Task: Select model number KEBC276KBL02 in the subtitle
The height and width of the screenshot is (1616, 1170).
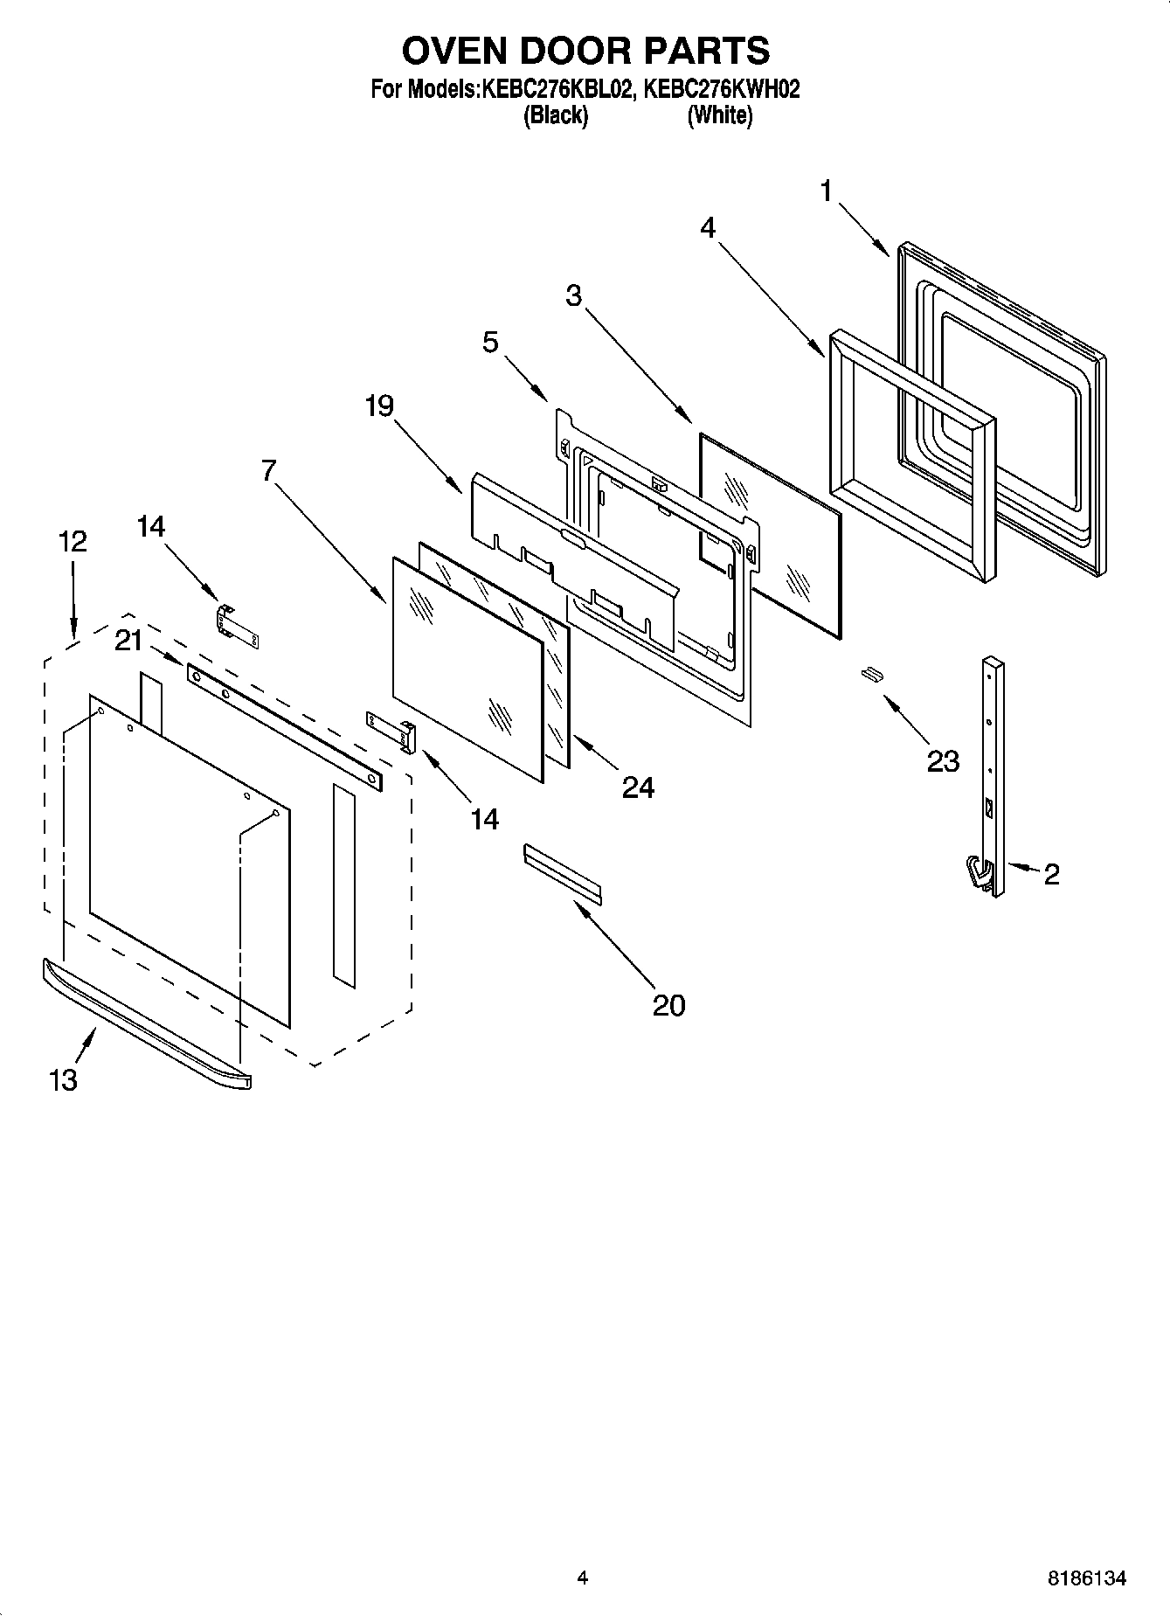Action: tap(555, 89)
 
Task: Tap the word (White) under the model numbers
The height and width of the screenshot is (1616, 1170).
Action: tap(719, 114)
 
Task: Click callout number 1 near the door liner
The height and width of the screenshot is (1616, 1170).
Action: tap(827, 191)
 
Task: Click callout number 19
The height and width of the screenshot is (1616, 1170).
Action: tap(379, 406)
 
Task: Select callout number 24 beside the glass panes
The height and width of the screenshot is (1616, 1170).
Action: tap(638, 787)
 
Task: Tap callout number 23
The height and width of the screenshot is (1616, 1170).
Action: tap(943, 761)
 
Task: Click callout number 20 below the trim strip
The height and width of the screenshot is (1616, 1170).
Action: tap(668, 1005)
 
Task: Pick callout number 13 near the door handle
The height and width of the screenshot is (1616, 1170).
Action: tap(63, 1080)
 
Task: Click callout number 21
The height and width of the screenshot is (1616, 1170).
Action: tap(128, 642)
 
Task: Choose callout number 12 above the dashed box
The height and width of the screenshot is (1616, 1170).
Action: tap(73, 542)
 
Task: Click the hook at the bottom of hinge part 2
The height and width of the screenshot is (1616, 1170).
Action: tap(978, 876)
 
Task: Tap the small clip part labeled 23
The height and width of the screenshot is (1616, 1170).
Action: tap(871, 672)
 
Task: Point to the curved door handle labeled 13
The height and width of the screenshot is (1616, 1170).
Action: tap(144, 1023)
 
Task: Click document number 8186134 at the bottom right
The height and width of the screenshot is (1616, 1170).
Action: tap(1087, 1578)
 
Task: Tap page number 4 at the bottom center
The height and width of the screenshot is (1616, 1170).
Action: tap(583, 1578)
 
